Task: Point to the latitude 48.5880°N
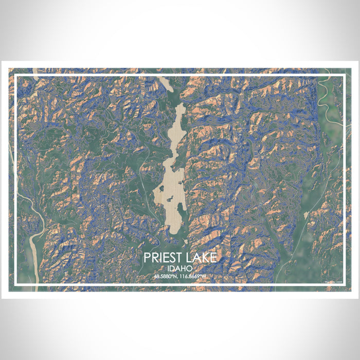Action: coord(167,277)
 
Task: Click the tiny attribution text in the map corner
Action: coord(333,282)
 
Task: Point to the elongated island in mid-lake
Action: coord(177,203)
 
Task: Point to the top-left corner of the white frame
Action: coord(15,76)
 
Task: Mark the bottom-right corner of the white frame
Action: coord(344,284)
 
